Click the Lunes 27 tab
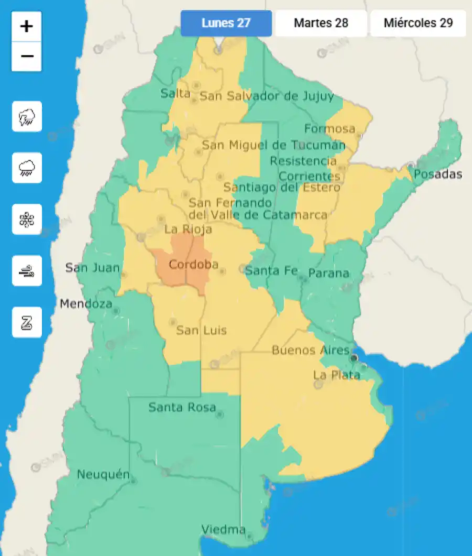coord(226,23)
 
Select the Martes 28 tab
coord(321,23)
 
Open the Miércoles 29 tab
coord(418,23)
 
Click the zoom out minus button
coord(27,56)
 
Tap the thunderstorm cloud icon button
coord(27,116)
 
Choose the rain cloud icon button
coord(27,168)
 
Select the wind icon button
coord(27,271)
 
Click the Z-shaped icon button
coord(27,322)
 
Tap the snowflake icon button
coord(27,219)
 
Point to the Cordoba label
coord(194,265)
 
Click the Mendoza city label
coord(86,303)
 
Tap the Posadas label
coord(438,174)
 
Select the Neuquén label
coord(103,475)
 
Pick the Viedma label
coord(224,529)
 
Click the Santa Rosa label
coord(182,407)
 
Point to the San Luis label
coord(201,330)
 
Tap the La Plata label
coord(336,375)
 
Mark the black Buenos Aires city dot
coord(354,358)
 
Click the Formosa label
coord(330,128)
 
